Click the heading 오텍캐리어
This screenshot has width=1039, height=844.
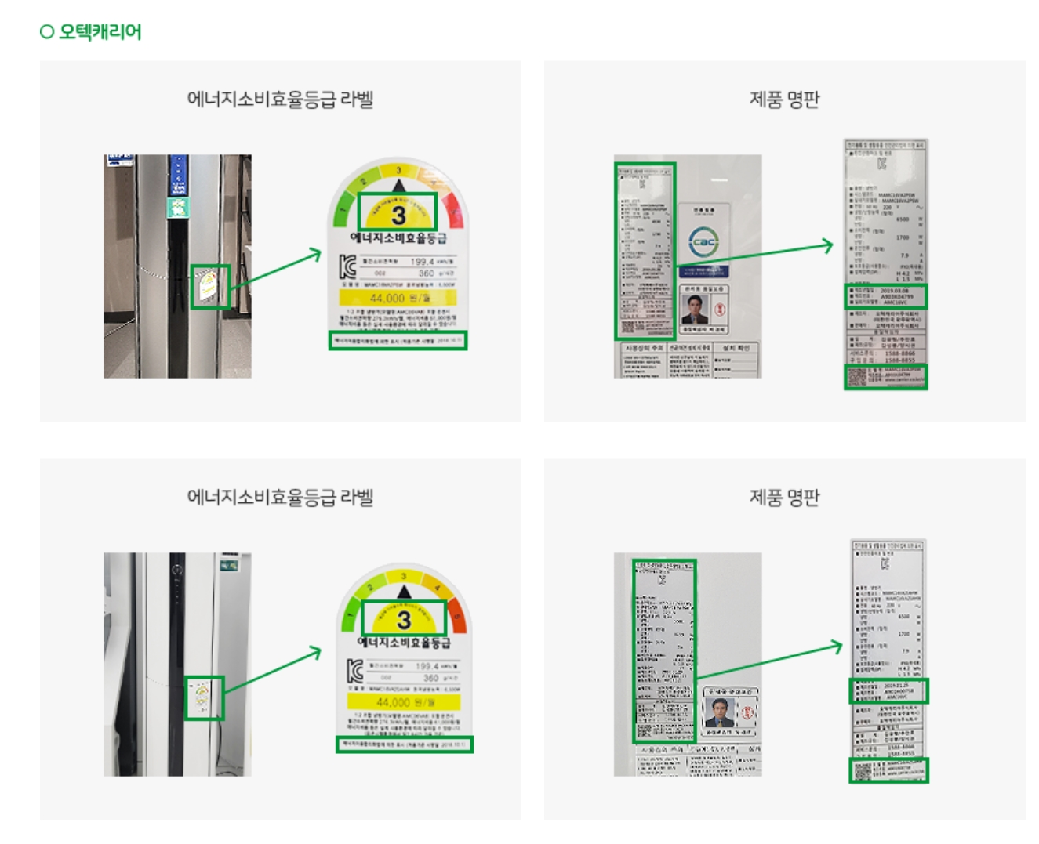[x=100, y=31]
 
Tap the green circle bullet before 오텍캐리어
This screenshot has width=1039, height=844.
[x=47, y=31]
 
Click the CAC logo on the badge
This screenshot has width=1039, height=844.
[x=703, y=241]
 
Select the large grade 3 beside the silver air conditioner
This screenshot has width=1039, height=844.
[x=398, y=213]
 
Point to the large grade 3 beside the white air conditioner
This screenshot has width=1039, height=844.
[x=404, y=619]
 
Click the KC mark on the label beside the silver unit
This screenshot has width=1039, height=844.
[x=347, y=266]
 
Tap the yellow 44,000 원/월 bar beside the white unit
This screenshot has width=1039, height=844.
[x=403, y=702]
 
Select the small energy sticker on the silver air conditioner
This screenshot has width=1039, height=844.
[x=209, y=286]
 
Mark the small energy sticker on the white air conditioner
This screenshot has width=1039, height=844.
[x=202, y=697]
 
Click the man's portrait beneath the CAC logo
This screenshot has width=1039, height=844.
[x=694, y=309]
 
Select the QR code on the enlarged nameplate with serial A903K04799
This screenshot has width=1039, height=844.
[x=858, y=377]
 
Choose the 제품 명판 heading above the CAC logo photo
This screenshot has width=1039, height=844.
[x=784, y=100]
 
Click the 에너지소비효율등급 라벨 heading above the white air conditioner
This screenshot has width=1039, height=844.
[x=280, y=497]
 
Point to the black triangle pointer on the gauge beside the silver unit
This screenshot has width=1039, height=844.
[x=399, y=186]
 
